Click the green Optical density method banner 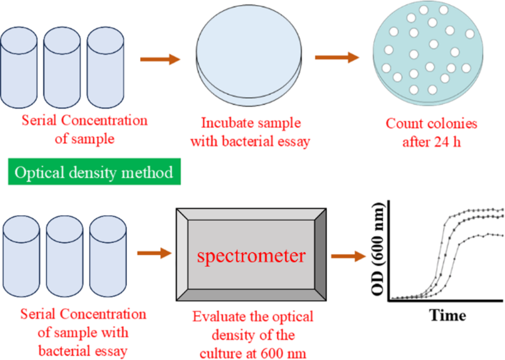click(94, 172)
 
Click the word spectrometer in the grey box click(251, 256)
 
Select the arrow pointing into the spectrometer click(155, 253)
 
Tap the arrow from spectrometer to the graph click(349, 256)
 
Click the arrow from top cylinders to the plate click(160, 59)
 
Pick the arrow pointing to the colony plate click(337, 57)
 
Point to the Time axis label click(448, 315)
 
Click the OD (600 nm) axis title click(378, 249)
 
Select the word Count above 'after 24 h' click(406, 124)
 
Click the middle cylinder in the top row click(62, 68)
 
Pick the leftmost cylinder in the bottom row click(21, 256)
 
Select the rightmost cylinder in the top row click(105, 68)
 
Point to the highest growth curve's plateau click(480, 210)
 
